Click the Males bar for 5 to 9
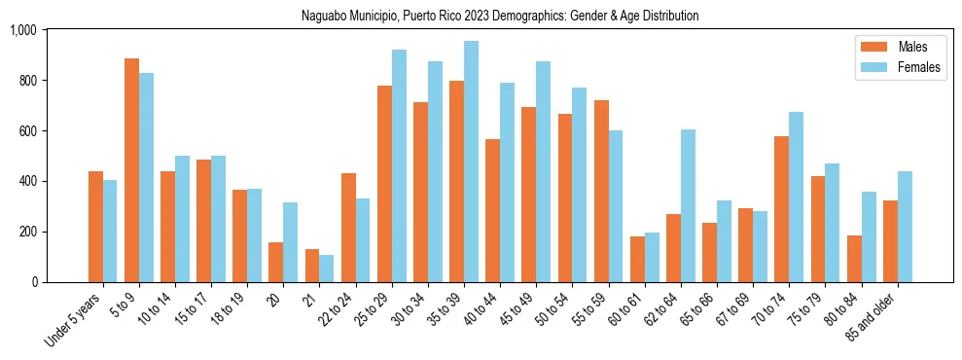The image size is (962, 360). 132,170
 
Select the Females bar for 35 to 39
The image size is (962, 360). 471,162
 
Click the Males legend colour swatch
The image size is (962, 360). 871,47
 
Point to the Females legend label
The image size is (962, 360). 919,68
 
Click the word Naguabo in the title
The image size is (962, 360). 328,17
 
